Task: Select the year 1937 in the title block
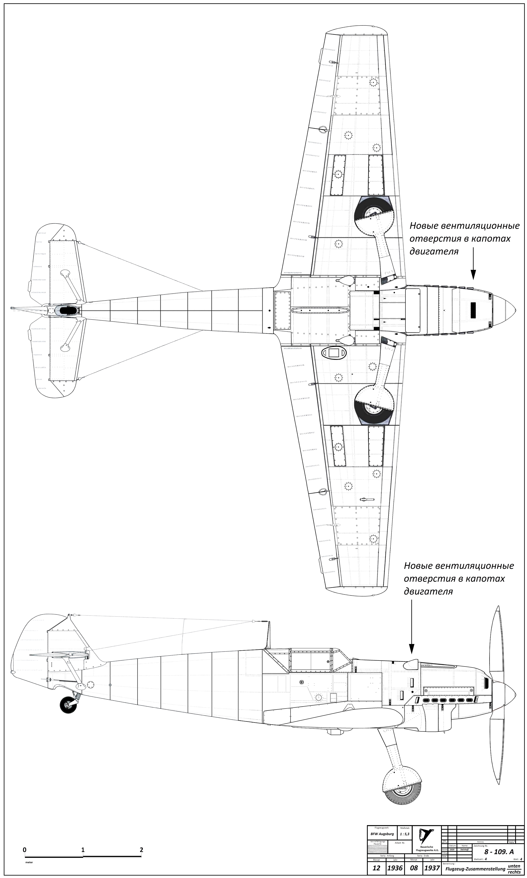click(x=432, y=867)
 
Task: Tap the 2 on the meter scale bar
click(x=141, y=847)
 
